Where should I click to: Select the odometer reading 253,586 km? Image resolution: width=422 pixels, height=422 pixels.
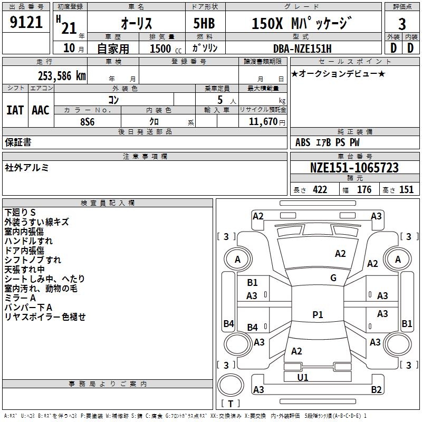[62, 75]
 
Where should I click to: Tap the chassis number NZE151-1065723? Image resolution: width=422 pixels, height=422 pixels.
[354, 168]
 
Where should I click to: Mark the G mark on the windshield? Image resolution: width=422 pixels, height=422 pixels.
[333, 278]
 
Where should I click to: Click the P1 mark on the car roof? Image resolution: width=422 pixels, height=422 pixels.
[318, 314]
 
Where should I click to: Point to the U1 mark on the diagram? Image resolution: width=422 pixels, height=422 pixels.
[303, 377]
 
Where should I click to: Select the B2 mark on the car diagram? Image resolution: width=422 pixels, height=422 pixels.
[376, 390]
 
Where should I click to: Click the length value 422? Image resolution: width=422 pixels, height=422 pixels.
[320, 190]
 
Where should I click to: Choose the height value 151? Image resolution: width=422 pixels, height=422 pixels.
[406, 190]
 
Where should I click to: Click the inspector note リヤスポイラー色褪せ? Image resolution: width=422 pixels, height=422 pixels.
[45, 317]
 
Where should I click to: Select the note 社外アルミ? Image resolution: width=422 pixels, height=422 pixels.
[27, 167]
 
